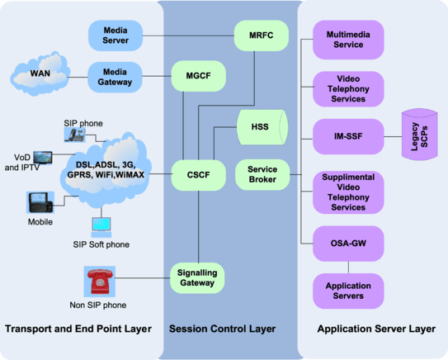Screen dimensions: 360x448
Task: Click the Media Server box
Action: click(115, 35)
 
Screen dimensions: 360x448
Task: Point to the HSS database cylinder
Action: click(261, 126)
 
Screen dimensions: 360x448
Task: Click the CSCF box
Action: click(195, 175)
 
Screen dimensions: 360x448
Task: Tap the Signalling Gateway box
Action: click(195, 277)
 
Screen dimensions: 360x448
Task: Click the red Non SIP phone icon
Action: click(100, 282)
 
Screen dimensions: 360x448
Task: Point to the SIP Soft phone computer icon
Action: click(101, 225)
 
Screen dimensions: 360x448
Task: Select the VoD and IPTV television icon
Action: click(42, 156)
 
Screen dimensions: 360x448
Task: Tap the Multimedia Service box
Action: click(349, 39)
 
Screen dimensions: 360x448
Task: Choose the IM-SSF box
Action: click(349, 133)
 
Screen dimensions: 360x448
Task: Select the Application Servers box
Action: click(349, 291)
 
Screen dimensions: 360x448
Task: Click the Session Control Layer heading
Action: click(222, 329)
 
